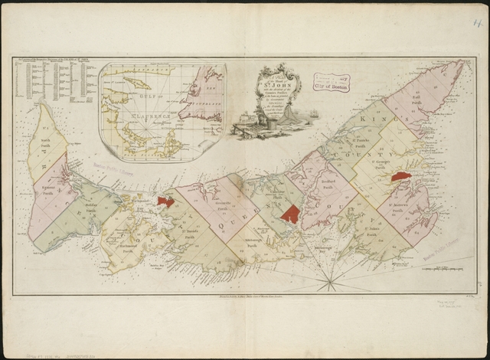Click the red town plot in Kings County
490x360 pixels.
(399, 176)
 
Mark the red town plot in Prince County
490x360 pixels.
(165, 201)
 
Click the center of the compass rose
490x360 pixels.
(330, 282)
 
